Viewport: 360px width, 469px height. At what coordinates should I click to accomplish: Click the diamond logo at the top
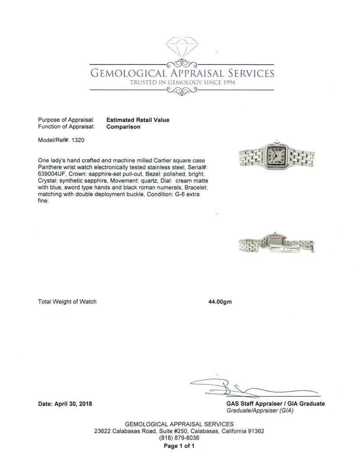click(182, 49)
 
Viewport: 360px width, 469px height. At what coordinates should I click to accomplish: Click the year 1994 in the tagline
click(227, 83)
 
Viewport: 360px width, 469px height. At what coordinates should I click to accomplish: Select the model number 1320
click(78, 140)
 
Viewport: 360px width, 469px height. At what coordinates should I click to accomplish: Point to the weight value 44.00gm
click(220, 302)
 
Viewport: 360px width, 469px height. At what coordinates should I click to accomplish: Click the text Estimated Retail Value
click(138, 120)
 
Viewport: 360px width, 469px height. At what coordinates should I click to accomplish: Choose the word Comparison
click(123, 127)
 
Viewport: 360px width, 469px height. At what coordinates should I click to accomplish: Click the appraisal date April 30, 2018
click(73, 404)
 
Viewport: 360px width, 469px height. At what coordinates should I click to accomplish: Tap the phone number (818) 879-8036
click(179, 438)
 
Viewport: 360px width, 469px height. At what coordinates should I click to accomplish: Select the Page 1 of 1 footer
click(179, 446)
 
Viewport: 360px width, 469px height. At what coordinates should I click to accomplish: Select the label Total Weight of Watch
click(67, 302)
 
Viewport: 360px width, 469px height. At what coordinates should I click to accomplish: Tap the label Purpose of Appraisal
click(66, 120)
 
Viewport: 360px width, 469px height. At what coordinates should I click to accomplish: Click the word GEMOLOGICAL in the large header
click(128, 73)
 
